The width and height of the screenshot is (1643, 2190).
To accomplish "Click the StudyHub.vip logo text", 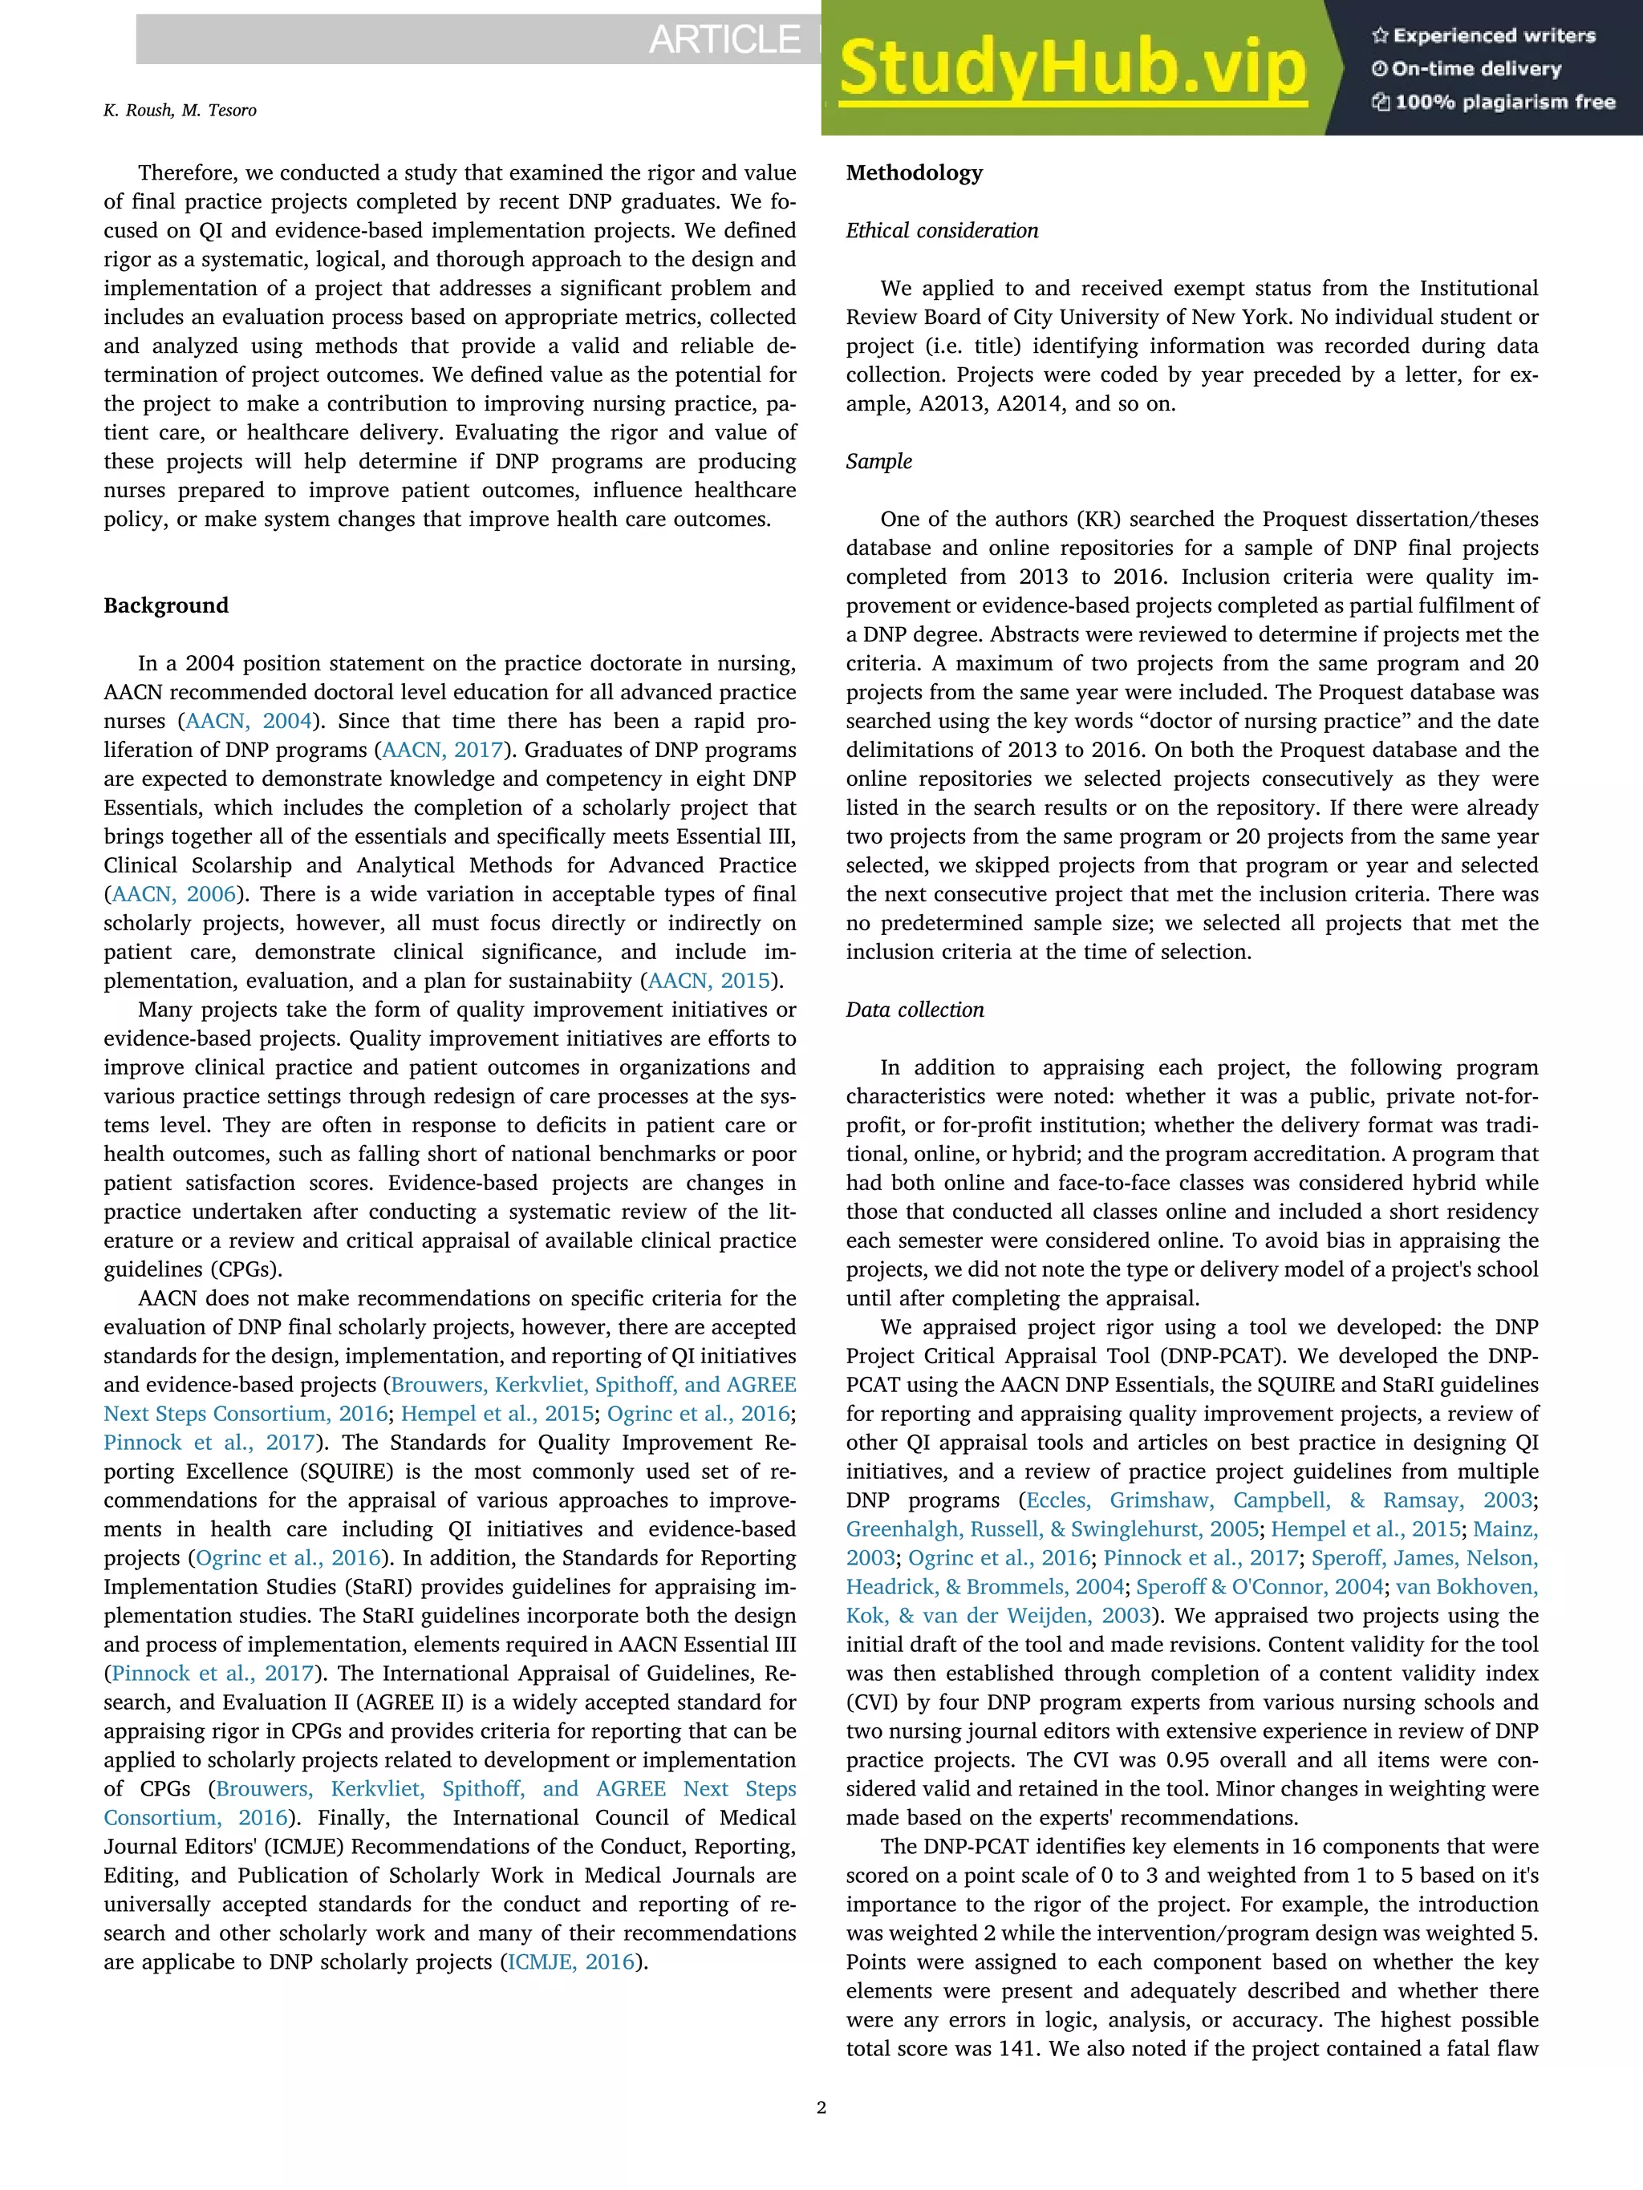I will [x=1073, y=69].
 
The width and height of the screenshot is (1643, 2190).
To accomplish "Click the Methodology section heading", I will [x=914, y=173].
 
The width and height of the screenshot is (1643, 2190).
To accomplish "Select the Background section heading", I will [x=165, y=606].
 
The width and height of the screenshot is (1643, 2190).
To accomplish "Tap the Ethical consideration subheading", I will [x=942, y=231].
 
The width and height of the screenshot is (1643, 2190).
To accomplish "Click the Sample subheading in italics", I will [x=878, y=461].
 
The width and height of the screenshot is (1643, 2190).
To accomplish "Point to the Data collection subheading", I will [x=914, y=1010].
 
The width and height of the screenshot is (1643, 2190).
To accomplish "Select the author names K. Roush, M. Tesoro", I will [x=179, y=110].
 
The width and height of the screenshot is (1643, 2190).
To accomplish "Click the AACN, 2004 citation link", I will [x=249, y=721].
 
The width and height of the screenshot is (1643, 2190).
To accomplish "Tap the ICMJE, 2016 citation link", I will [x=570, y=1961].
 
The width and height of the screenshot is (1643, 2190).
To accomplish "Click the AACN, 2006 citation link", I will [x=174, y=894].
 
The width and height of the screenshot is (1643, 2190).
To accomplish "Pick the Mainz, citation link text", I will [x=1507, y=1530].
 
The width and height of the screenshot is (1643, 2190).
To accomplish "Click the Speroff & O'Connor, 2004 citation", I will [x=1259, y=1587].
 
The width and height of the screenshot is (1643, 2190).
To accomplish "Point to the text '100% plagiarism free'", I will [x=1504, y=102].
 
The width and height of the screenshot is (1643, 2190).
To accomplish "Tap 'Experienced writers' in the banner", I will [x=1494, y=35].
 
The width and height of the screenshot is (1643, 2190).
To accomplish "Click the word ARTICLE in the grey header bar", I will [x=724, y=39].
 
